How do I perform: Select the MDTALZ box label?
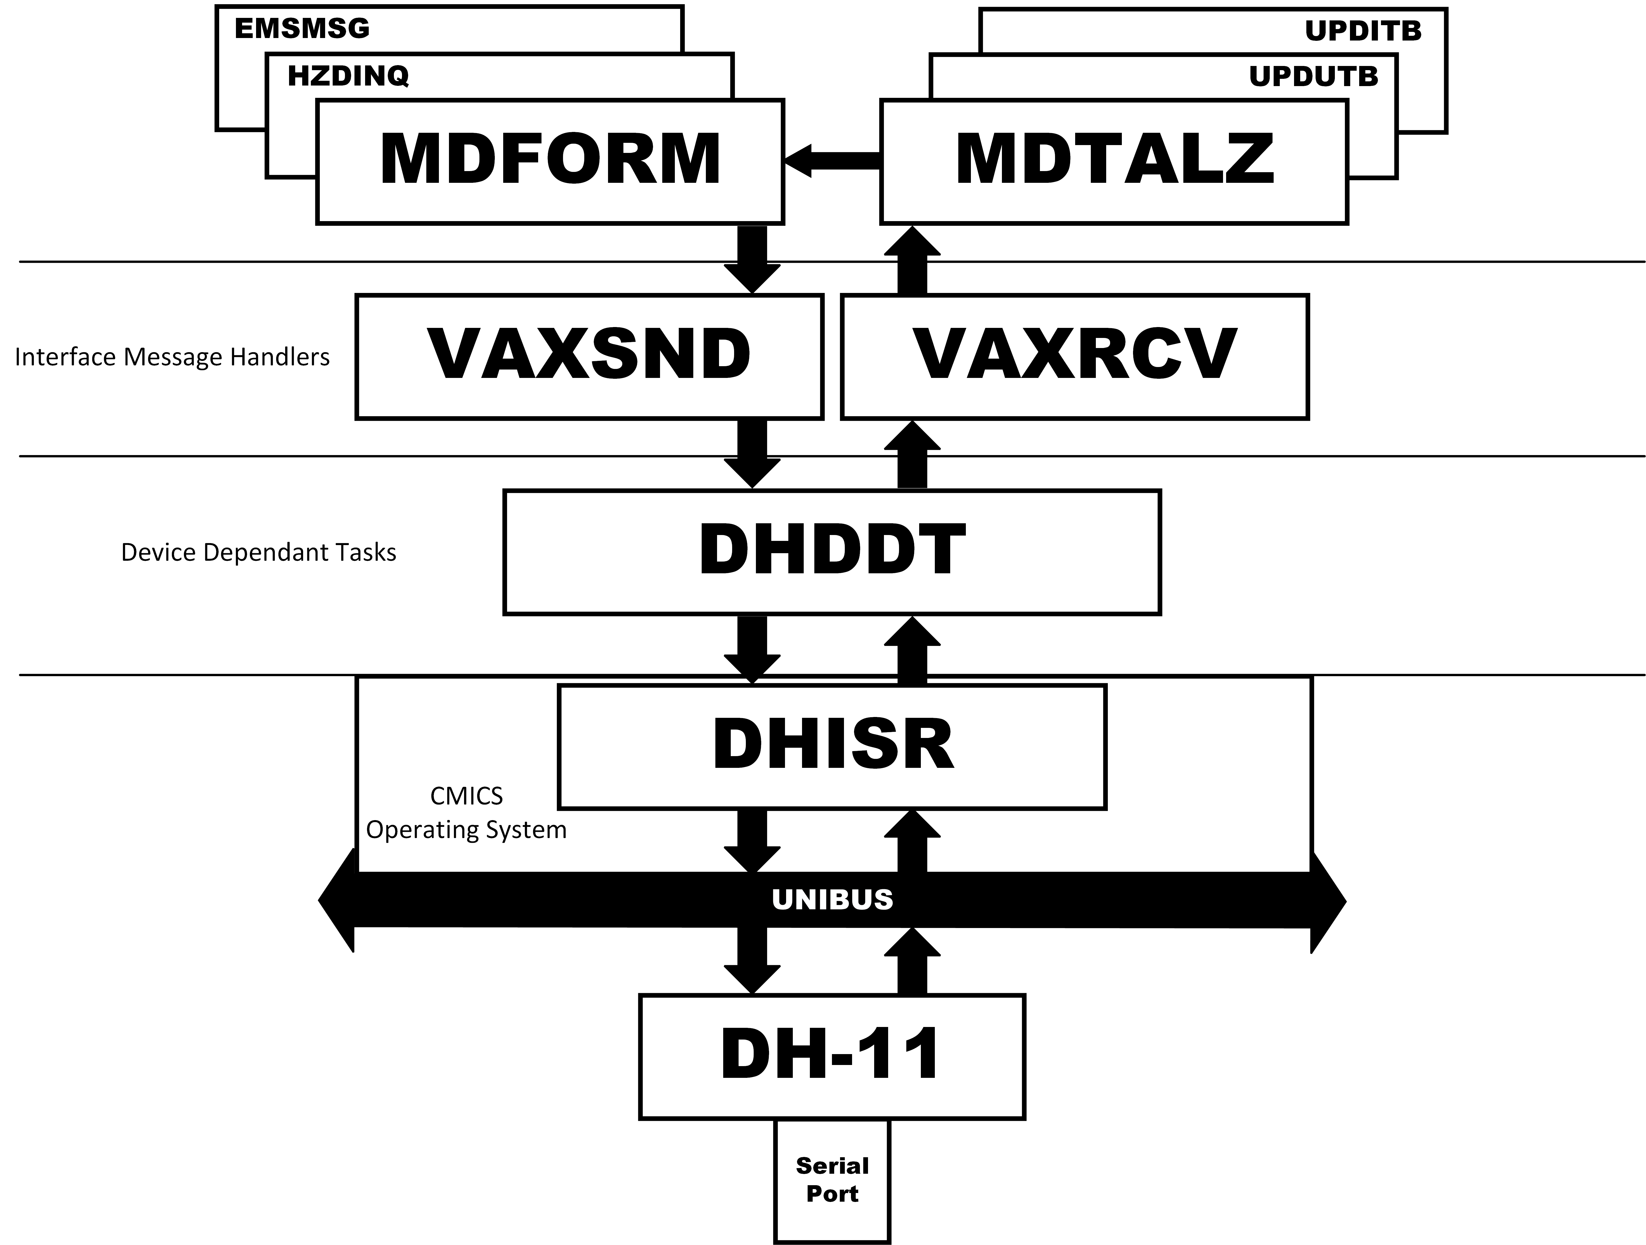[x=1115, y=159]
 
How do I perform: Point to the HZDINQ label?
[x=348, y=76]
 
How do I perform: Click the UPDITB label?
[x=1363, y=31]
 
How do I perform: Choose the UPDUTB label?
[x=1313, y=77]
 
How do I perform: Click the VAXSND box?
[x=589, y=357]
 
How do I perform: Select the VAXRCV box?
[x=1075, y=357]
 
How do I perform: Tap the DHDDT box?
[x=832, y=552]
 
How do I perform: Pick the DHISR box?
[x=832, y=746]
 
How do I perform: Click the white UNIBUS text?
[x=832, y=900]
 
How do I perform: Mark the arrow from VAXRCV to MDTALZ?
[x=912, y=260]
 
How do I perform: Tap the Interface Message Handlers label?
[x=172, y=357]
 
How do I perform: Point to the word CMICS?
[x=467, y=796]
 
